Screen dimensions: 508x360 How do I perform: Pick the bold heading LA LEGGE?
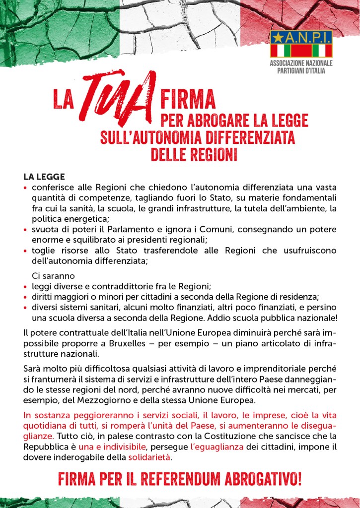[x=44, y=177]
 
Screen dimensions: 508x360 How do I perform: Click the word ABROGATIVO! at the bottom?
[x=262, y=480]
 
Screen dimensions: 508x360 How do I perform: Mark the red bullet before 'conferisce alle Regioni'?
[x=26, y=189]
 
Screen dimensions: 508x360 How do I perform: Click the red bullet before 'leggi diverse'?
[x=26, y=287]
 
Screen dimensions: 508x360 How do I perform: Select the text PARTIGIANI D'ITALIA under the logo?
[x=301, y=71]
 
